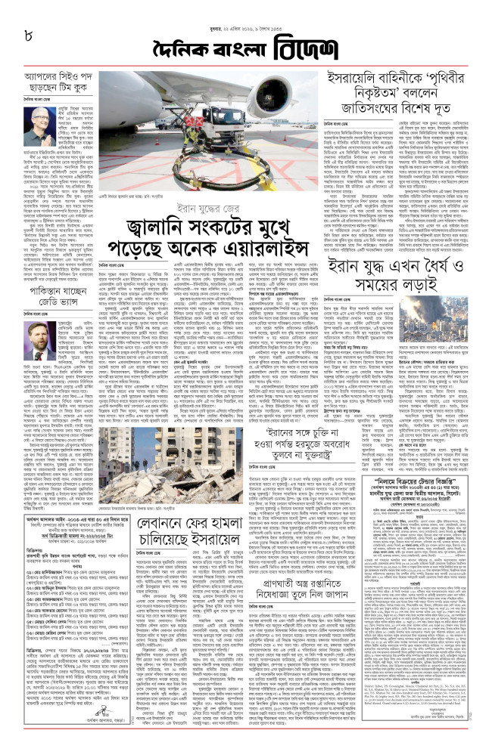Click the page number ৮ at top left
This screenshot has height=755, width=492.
pos(28,35)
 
